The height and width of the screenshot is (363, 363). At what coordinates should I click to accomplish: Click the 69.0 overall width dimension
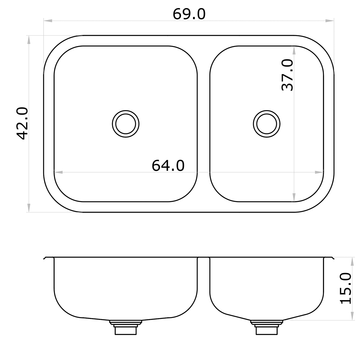coord(189,14)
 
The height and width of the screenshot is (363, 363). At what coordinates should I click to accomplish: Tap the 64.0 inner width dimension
coord(168,165)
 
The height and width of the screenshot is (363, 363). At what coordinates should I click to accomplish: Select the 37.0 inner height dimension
coord(287,75)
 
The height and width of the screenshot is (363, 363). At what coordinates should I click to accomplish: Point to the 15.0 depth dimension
coord(345,288)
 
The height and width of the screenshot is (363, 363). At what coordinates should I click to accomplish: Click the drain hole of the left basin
coord(126,123)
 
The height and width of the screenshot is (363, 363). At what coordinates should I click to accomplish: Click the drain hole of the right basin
coord(266,123)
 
